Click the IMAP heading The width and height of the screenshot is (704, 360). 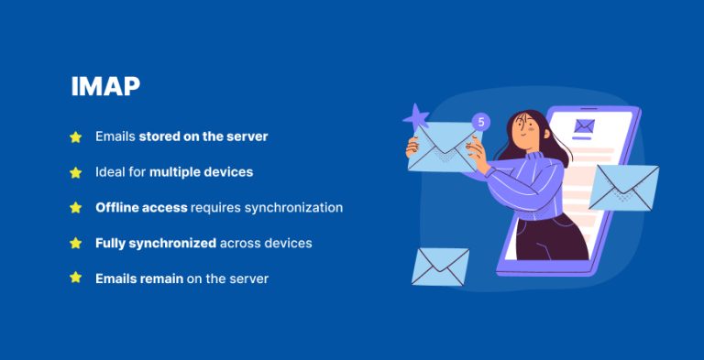(x=105, y=87)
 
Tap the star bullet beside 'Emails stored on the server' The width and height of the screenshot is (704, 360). (x=76, y=136)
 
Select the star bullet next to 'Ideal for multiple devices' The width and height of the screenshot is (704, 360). (x=76, y=172)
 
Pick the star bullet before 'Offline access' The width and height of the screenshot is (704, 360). (x=76, y=208)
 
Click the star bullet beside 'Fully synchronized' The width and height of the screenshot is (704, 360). (x=76, y=244)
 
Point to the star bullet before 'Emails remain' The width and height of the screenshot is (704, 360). (x=76, y=278)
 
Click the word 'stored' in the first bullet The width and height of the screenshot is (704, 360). (x=159, y=136)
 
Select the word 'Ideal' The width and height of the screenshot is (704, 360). (x=110, y=172)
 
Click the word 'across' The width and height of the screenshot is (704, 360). (x=241, y=244)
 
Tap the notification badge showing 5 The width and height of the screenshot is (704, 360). (x=481, y=122)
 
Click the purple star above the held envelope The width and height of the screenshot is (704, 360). (x=416, y=116)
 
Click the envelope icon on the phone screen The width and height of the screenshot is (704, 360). (x=583, y=126)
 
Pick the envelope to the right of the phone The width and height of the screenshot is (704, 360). (x=623, y=186)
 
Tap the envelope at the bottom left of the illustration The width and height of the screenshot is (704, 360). (x=440, y=267)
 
